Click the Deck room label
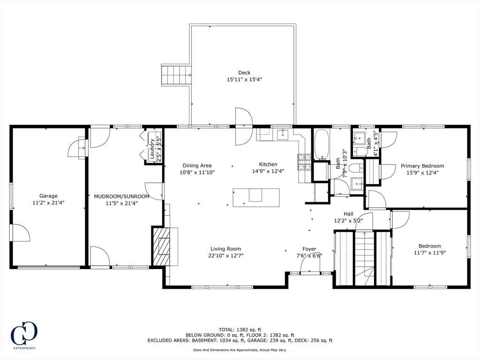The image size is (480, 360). point(244,73)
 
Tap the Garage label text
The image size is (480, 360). point(48,196)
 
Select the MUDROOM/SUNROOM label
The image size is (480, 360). point(121,196)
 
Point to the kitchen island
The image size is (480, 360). point(256,197)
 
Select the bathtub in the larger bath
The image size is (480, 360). point(322,144)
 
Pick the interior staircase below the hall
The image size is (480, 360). point(364,259)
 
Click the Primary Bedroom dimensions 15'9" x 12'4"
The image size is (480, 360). point(422,172)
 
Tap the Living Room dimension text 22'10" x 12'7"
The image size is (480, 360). point(226,256)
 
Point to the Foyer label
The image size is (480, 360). point(309,249)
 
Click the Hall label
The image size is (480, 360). point(348,214)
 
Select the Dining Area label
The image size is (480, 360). point(197,165)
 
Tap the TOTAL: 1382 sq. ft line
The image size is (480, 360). point(240,330)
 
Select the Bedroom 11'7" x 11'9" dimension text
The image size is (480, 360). point(430,253)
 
